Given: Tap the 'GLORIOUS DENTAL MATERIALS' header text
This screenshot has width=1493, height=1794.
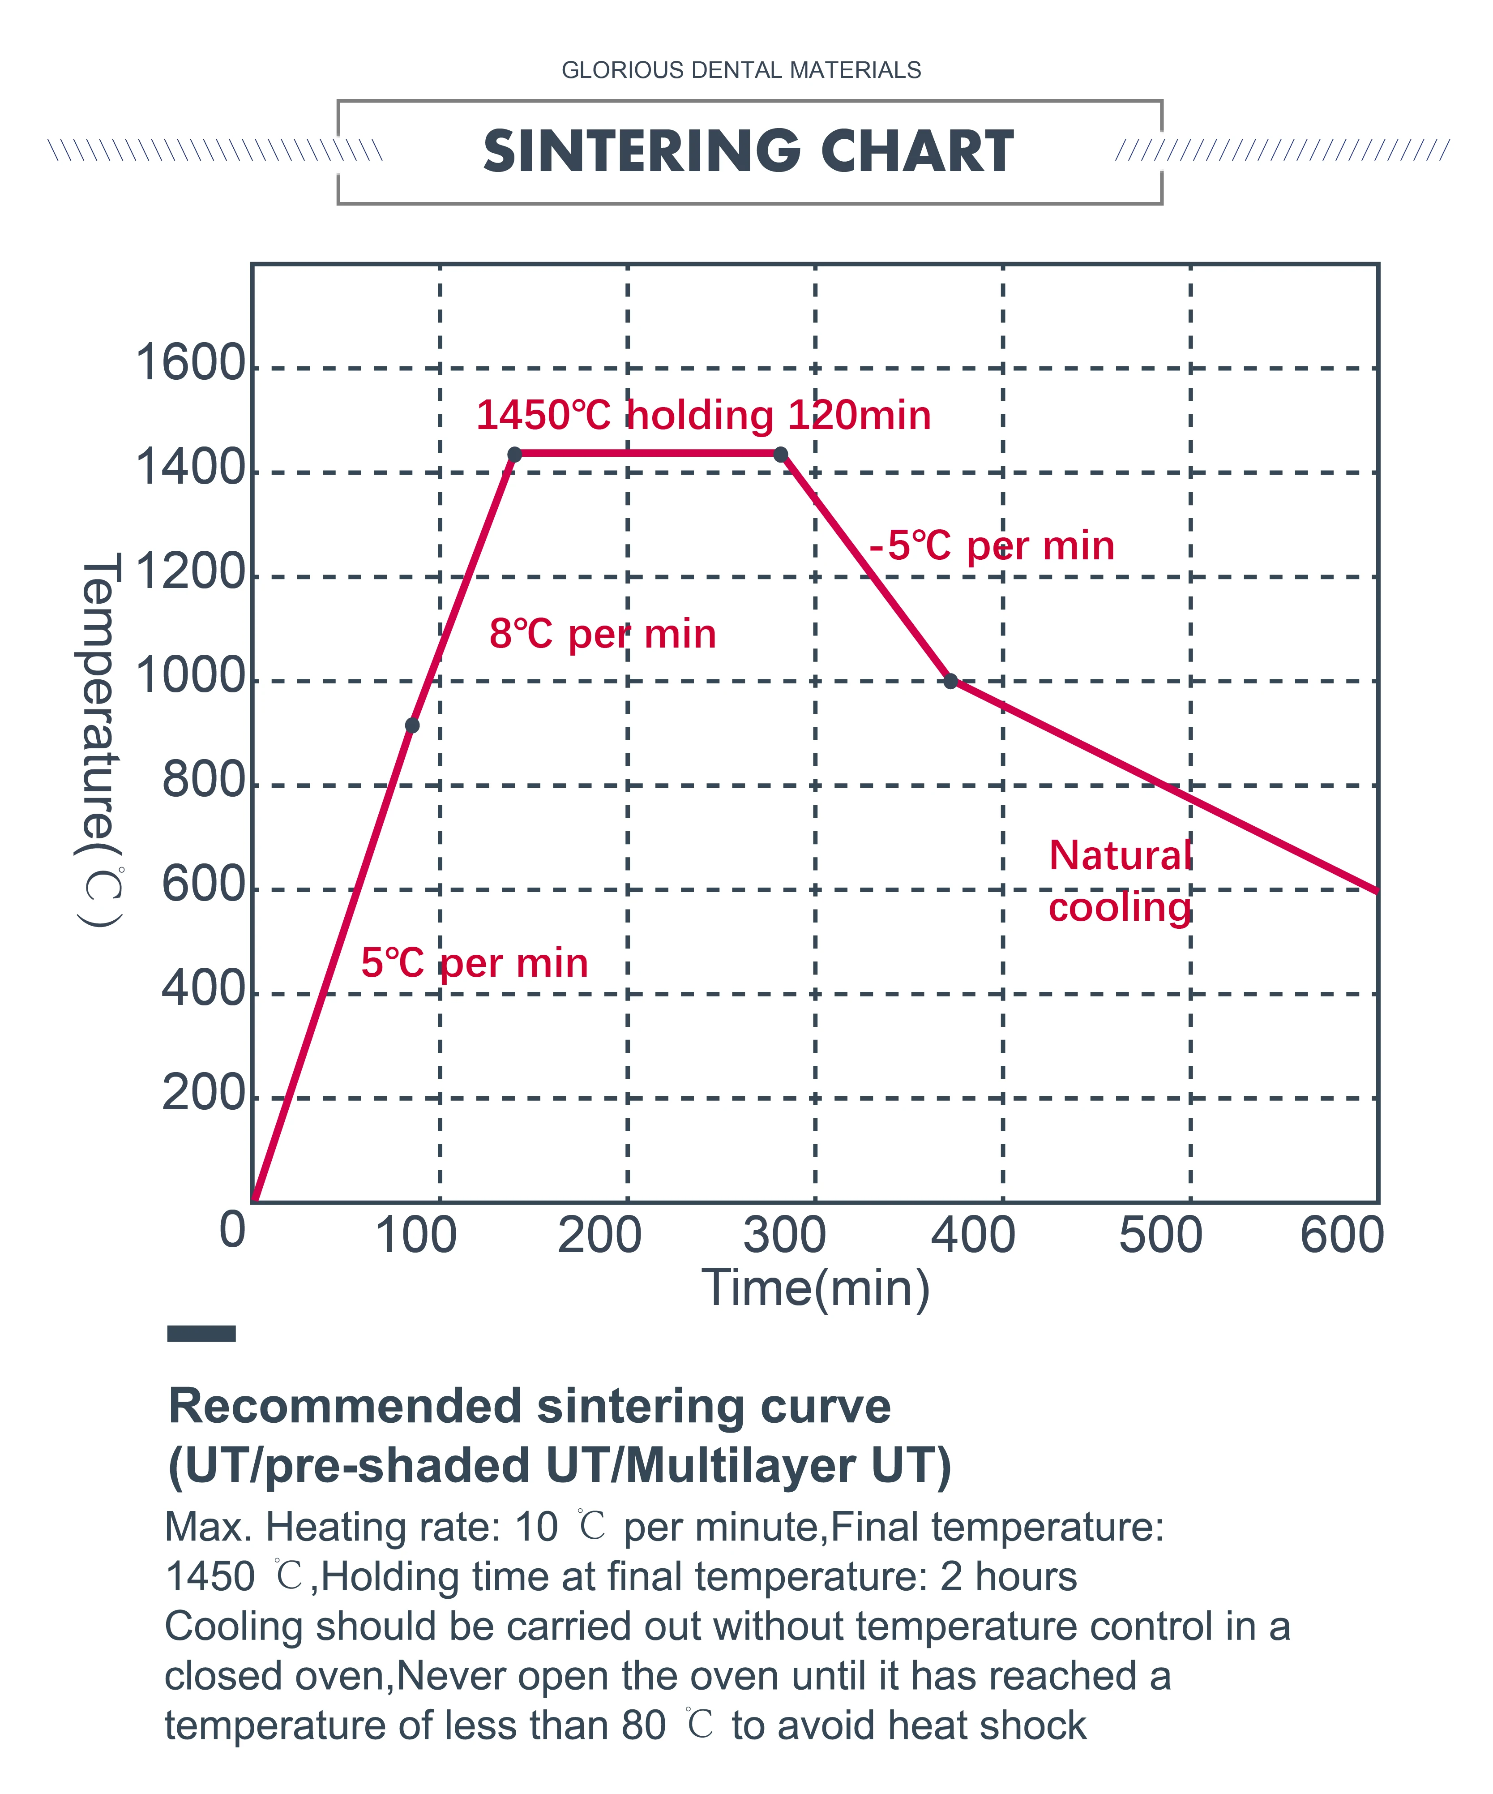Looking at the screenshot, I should pyautogui.click(x=740, y=70).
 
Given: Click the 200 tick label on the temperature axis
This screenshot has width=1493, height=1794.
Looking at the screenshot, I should pyautogui.click(x=203, y=1094).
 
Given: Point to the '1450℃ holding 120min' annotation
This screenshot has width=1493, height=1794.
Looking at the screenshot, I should pyautogui.click(x=703, y=415).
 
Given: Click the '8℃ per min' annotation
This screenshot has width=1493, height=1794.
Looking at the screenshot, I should pyautogui.click(x=602, y=634).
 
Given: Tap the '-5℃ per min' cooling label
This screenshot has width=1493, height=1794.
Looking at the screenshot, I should pyautogui.click(x=992, y=546).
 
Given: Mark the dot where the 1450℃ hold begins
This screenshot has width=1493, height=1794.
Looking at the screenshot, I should pyautogui.click(x=514, y=455).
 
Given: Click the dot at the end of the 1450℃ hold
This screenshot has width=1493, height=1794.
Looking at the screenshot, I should pyautogui.click(x=781, y=455).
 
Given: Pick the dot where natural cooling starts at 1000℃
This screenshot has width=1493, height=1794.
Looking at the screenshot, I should pyautogui.click(x=950, y=681).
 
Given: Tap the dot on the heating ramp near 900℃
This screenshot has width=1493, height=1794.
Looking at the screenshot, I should pyautogui.click(x=412, y=725).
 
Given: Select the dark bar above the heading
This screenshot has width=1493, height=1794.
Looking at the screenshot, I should pyautogui.click(x=201, y=1334).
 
